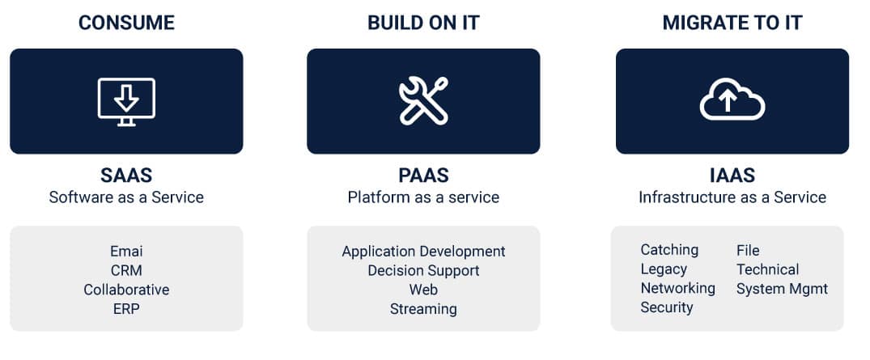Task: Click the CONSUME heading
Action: [x=126, y=23]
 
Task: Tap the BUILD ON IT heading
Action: [x=423, y=23]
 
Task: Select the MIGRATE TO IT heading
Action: [x=732, y=23]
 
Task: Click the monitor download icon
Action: [x=126, y=102]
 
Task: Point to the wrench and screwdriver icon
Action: [x=423, y=101]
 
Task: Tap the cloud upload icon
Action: [x=732, y=99]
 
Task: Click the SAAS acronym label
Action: [x=126, y=176]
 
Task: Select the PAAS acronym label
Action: [x=423, y=176]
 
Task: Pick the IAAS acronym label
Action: [x=732, y=176]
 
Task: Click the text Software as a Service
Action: [x=126, y=197]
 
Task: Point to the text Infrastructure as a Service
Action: [x=732, y=197]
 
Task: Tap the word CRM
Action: [x=126, y=271]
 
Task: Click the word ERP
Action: [x=126, y=309]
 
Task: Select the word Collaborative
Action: [x=126, y=290]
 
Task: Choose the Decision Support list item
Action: [x=423, y=271]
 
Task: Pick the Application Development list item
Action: [x=423, y=252]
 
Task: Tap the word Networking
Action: [x=678, y=289]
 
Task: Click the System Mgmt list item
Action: [x=783, y=289]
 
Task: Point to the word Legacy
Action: [x=664, y=269]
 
